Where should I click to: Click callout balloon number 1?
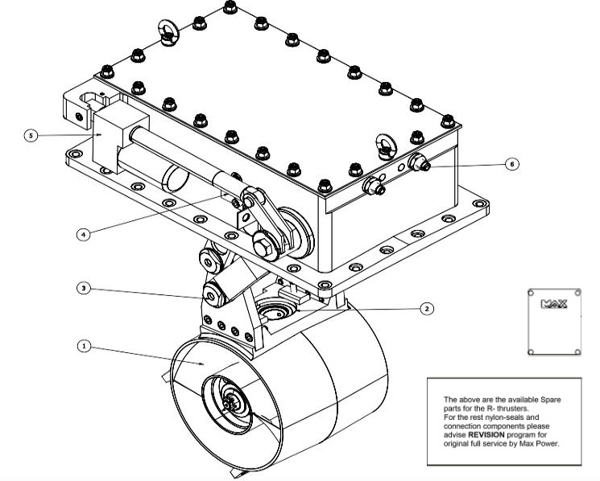(82, 346)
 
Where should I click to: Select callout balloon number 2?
(427, 308)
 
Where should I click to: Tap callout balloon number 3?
(82, 287)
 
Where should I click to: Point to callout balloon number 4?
(82, 235)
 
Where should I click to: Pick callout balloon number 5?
(31, 136)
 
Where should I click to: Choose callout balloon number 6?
(510, 163)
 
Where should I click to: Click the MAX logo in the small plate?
(555, 305)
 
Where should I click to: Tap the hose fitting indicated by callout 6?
(420, 164)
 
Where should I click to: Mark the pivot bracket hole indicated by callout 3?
(211, 296)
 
